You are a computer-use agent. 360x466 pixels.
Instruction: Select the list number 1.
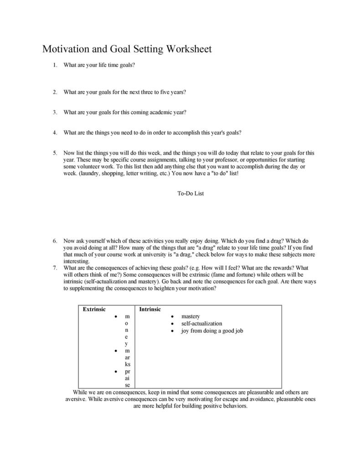(55, 65)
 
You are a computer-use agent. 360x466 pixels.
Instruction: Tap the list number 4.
(55, 133)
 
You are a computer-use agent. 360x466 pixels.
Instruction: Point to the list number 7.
(55, 268)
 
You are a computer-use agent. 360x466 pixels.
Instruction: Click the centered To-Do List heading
(190, 193)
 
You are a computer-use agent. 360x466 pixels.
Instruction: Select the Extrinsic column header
(94, 309)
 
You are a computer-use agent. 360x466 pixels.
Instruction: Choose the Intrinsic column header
(150, 309)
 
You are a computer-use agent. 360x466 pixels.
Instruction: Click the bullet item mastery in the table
(190, 316)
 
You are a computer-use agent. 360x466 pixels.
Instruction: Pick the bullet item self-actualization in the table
(201, 323)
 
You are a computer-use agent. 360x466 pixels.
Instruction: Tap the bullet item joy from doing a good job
(212, 331)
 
